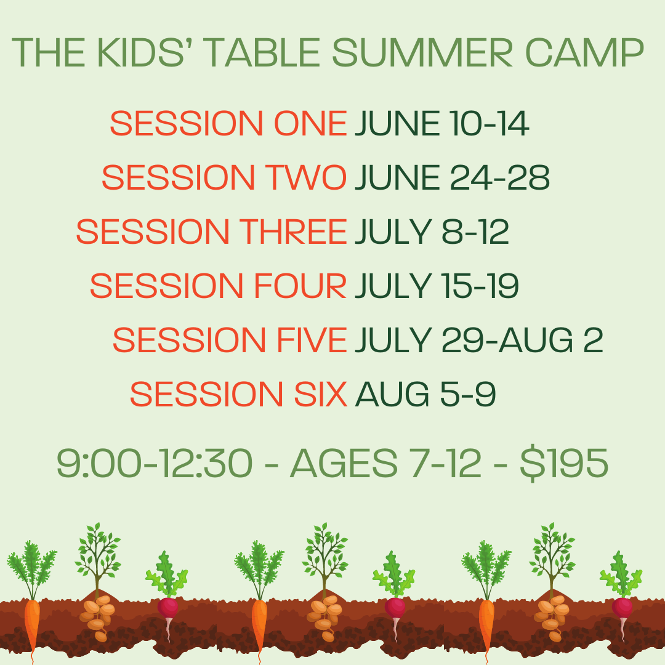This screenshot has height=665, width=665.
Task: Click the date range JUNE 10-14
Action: click(441, 124)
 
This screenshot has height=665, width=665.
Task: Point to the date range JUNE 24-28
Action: click(452, 178)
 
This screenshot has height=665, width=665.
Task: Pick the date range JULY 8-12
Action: click(432, 232)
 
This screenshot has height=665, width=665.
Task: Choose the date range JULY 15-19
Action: click(437, 286)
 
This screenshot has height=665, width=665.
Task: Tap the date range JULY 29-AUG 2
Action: click(478, 341)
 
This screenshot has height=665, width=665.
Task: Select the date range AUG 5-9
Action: click(425, 395)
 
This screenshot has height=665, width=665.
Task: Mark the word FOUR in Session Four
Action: click(301, 286)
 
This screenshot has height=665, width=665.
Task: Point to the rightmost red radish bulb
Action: click(622, 608)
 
